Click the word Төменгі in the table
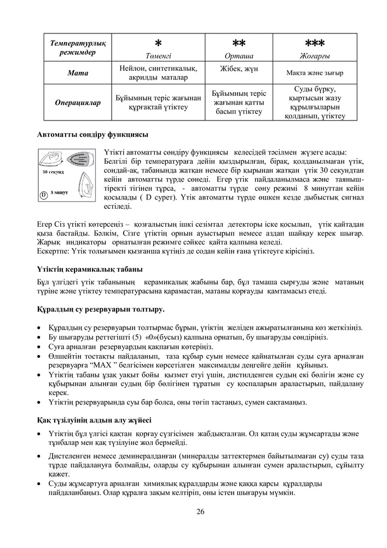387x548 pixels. coord(158,55)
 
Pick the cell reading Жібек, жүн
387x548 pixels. coord(239,70)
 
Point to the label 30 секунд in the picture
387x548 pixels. coord(53,172)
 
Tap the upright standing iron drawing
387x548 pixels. coord(80,184)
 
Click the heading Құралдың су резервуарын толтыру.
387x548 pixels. coord(101,310)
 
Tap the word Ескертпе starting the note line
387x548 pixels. coord(53,251)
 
